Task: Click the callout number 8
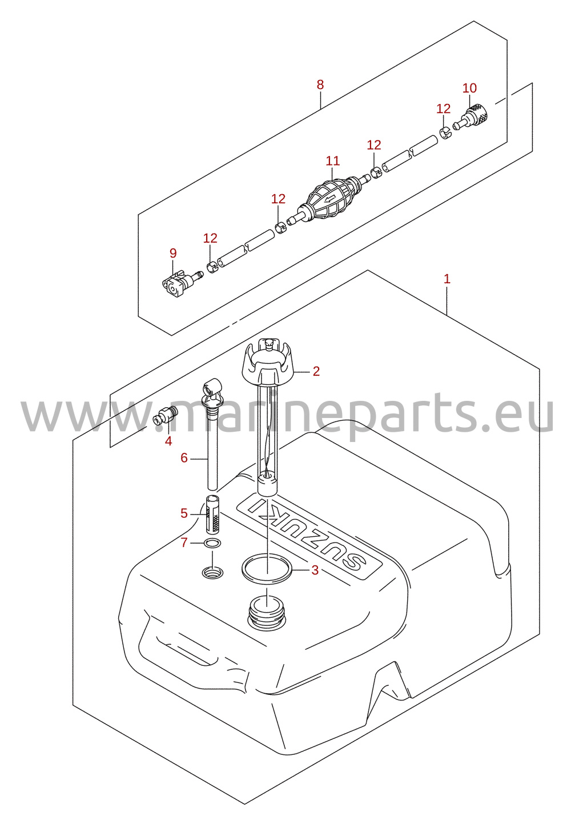tap(320, 85)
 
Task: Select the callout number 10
tap(469, 88)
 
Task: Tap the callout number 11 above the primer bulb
tap(333, 161)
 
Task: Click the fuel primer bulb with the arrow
tap(332, 200)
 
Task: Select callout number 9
tap(173, 254)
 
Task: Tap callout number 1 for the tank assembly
tap(447, 278)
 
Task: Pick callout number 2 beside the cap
tap(316, 371)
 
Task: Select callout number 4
tap(168, 441)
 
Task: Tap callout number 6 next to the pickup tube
tap(184, 458)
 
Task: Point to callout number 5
tap(184, 513)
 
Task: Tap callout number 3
tap(315, 570)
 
